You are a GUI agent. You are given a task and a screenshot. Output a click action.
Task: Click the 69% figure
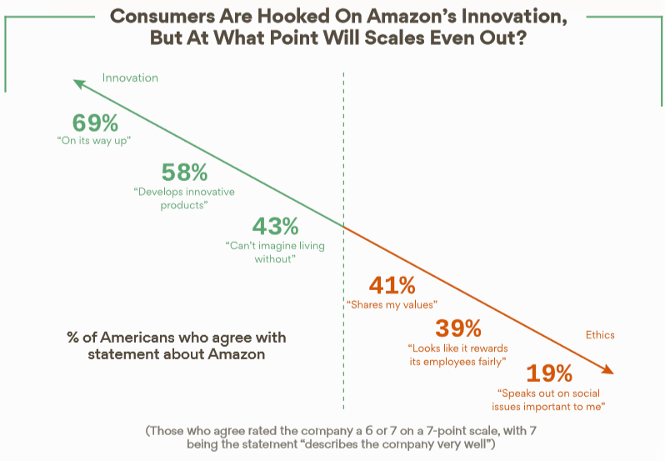click(x=95, y=123)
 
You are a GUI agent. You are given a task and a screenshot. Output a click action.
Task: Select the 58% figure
click(x=184, y=173)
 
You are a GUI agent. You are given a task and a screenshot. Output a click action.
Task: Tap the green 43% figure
click(x=275, y=225)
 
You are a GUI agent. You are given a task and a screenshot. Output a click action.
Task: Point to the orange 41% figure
click(x=392, y=285)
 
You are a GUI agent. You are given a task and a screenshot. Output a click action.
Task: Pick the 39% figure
click(x=458, y=328)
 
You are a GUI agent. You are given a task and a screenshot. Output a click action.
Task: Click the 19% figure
click(x=550, y=372)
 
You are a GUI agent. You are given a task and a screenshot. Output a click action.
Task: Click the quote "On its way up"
click(x=94, y=140)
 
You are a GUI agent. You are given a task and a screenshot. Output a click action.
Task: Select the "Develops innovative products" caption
click(x=184, y=198)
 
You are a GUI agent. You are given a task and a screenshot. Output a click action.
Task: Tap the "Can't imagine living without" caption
click(x=275, y=252)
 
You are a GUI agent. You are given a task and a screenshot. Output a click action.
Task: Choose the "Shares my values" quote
click(x=392, y=305)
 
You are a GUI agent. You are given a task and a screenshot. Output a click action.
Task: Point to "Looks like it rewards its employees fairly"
click(x=458, y=353)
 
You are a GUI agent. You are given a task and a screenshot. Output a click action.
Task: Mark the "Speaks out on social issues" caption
click(x=550, y=399)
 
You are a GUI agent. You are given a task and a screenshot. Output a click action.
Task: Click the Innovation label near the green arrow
click(x=130, y=78)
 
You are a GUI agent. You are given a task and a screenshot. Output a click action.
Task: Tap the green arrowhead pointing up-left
click(x=77, y=83)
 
